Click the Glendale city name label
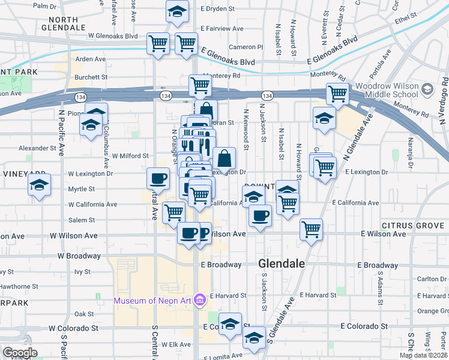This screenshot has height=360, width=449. click(x=282, y=263)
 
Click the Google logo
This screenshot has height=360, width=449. click(x=20, y=353)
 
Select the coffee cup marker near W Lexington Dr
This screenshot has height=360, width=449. click(x=158, y=178)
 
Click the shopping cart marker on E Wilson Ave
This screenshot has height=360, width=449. click(x=311, y=228)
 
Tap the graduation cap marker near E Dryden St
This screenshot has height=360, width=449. click(x=176, y=11)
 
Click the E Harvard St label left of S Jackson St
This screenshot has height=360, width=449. click(x=226, y=295)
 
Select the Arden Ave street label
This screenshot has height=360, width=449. click(x=91, y=59)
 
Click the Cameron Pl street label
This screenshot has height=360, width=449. click(x=246, y=47)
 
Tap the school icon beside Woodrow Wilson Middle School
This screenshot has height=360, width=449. click(x=427, y=90)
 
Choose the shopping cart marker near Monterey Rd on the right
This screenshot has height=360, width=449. click(x=338, y=94)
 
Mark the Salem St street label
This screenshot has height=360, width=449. click(x=83, y=220)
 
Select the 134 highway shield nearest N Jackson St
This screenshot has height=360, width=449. click(x=267, y=96)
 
